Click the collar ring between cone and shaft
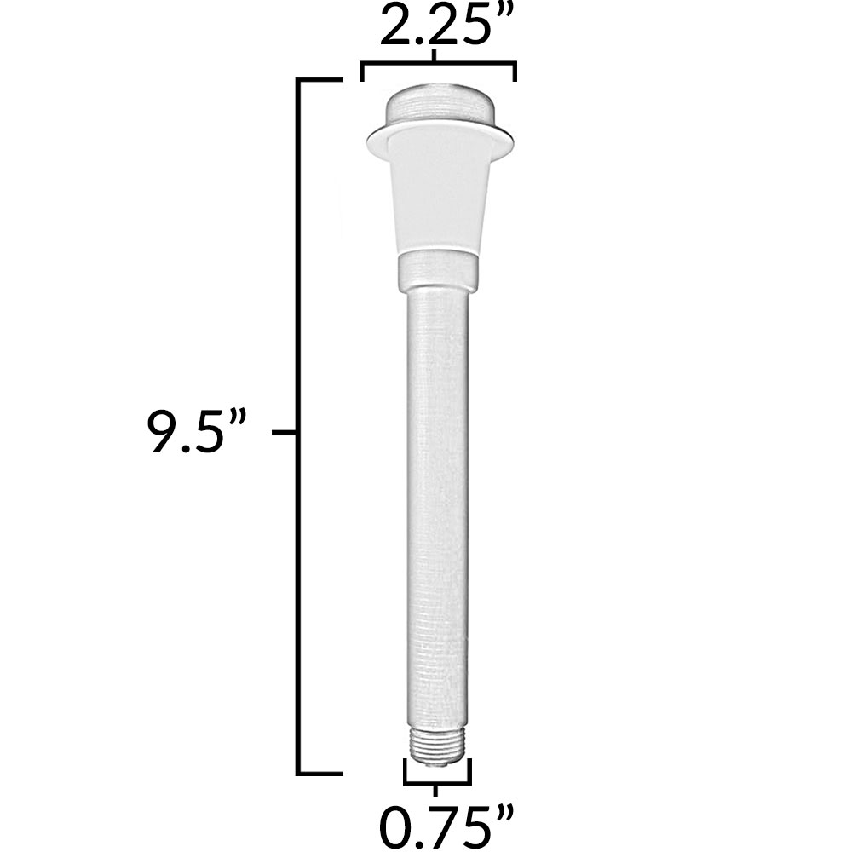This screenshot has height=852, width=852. click(438, 271)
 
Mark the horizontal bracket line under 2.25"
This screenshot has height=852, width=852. click(438, 63)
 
